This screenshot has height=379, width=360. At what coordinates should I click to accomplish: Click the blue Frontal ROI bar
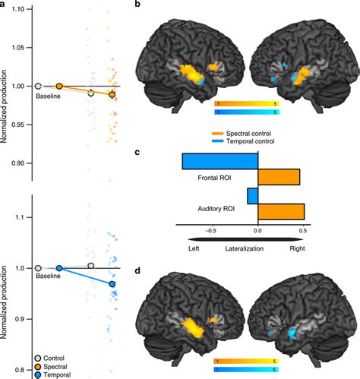pyautogui.click(x=219, y=162)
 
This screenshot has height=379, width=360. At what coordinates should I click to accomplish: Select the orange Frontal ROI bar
pyautogui.click(x=279, y=177)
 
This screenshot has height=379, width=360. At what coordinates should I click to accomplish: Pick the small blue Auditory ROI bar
pyautogui.click(x=252, y=197)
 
